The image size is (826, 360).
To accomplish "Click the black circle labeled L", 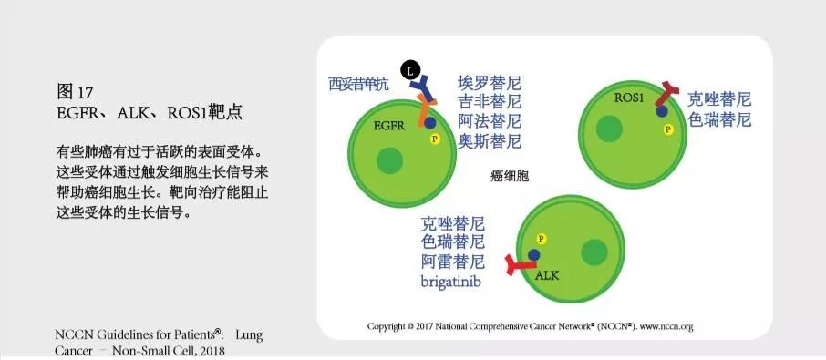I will [411, 70].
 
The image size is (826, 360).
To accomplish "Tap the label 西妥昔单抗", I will [358, 85].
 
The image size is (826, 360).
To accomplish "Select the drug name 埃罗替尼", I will [490, 84].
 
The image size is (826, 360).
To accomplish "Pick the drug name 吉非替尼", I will [490, 102].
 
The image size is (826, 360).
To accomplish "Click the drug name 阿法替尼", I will [490, 121].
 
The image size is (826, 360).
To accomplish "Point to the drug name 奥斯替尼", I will [490, 140].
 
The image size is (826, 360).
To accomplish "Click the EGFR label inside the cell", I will [390, 128].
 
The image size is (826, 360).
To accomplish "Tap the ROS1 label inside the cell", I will [629, 97].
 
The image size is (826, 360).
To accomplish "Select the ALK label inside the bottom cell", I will [547, 274].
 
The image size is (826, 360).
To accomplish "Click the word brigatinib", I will [450, 282].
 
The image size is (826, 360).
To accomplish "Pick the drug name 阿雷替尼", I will [452, 262].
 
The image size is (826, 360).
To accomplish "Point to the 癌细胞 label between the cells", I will [510, 176].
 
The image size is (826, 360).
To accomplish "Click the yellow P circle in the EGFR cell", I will [435, 139].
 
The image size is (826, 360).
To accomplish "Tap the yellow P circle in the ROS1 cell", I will [668, 129].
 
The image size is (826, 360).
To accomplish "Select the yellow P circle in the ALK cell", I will [542, 238].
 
